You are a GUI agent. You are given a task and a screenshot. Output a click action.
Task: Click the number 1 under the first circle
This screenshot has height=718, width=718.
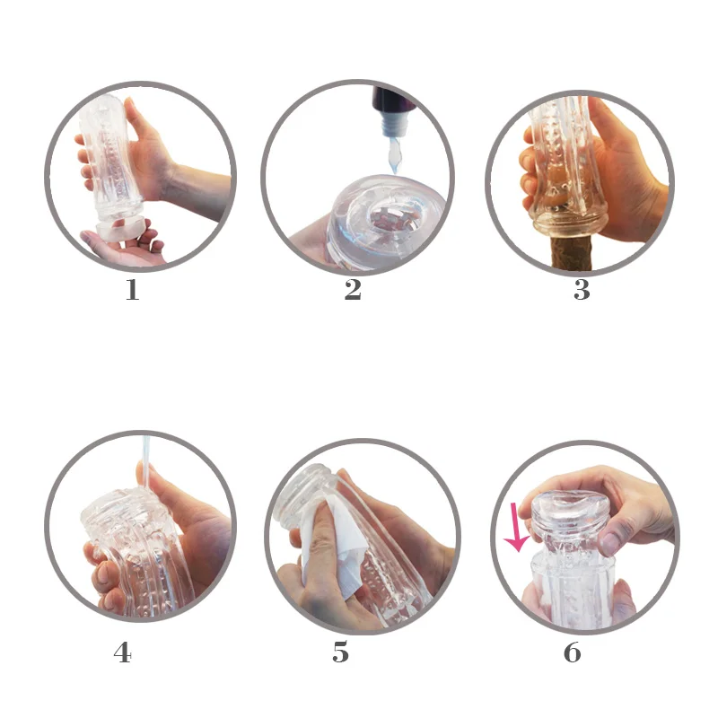(x=132, y=291)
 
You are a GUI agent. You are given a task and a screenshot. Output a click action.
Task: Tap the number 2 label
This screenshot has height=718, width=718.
(x=353, y=291)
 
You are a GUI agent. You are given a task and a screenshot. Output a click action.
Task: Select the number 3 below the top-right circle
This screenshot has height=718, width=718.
(x=582, y=291)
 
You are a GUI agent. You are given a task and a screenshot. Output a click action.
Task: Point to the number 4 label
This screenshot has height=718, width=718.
(x=123, y=653)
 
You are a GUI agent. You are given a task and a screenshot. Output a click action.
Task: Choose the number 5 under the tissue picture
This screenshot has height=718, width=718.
(x=340, y=653)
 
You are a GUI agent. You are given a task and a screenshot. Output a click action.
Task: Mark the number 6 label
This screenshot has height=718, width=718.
(x=573, y=653)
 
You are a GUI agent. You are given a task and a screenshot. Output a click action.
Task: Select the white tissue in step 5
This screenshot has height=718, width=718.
(x=328, y=543)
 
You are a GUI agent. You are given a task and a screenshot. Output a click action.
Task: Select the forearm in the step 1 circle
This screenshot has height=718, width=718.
(x=197, y=188)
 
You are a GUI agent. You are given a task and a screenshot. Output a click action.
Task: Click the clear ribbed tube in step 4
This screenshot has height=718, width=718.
(x=135, y=547)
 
